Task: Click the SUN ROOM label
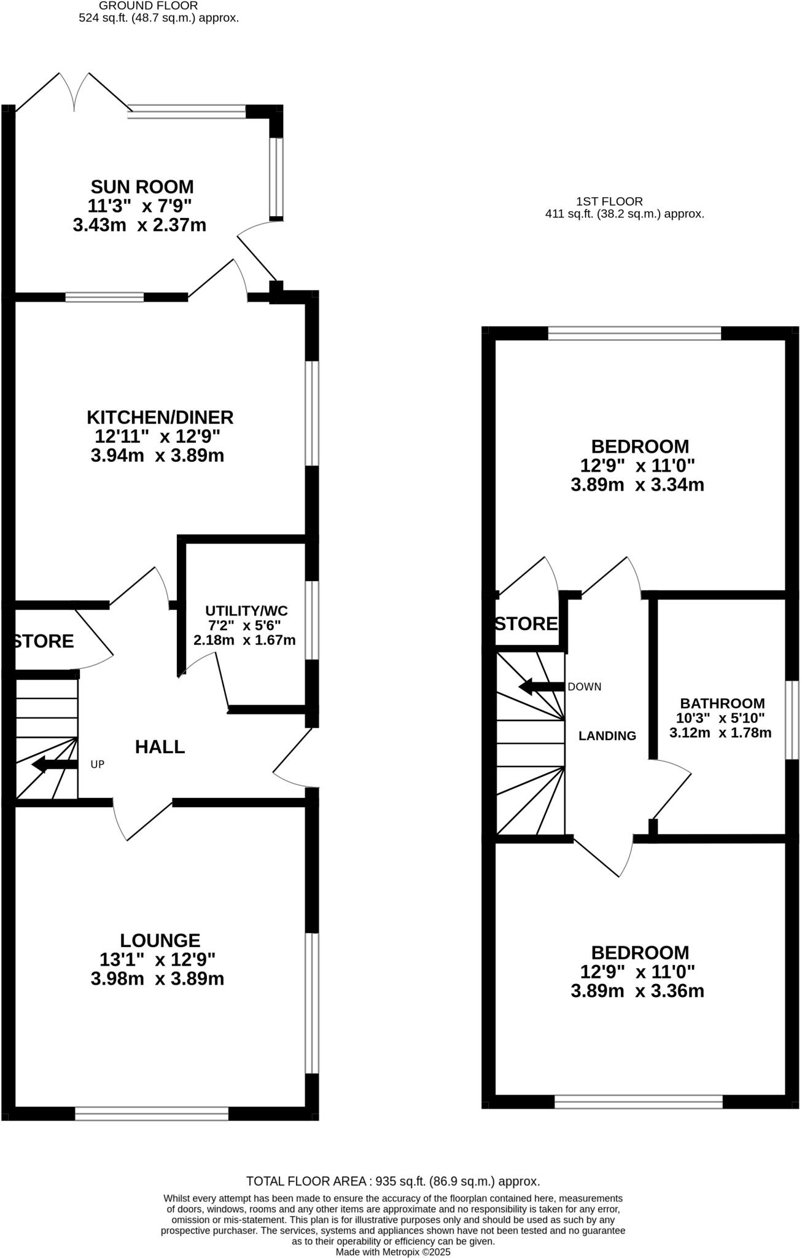coord(142,186)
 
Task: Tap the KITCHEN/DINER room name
coord(160,417)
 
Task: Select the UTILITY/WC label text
coord(246,611)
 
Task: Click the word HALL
coord(160,746)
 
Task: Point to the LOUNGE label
coord(160,940)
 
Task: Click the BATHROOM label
coord(722,703)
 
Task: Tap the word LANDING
coord(607,736)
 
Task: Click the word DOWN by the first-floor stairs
coord(584,687)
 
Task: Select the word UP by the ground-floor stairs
coord(98,765)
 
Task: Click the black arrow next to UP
coord(54,765)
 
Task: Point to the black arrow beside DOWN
coord(541,687)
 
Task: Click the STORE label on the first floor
coord(526,624)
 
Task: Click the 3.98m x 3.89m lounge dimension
coord(157,979)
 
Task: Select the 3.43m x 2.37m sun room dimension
coord(139,225)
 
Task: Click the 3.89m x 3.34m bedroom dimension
coord(637,485)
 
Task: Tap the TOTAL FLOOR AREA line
coord(393,1181)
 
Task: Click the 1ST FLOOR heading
coord(609,201)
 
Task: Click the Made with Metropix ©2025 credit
coord(393,1252)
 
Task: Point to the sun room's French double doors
coord(75,92)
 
